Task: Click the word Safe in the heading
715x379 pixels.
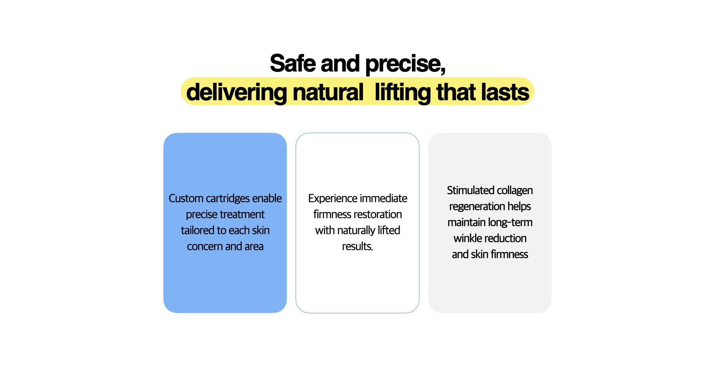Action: [x=293, y=63]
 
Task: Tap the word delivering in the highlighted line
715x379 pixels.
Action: [x=236, y=92]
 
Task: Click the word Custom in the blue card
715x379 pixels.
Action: [x=186, y=198]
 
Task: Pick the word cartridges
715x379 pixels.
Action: [x=228, y=198]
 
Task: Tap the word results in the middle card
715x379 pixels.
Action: [x=357, y=246]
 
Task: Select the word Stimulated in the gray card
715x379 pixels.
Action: [x=470, y=190]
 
